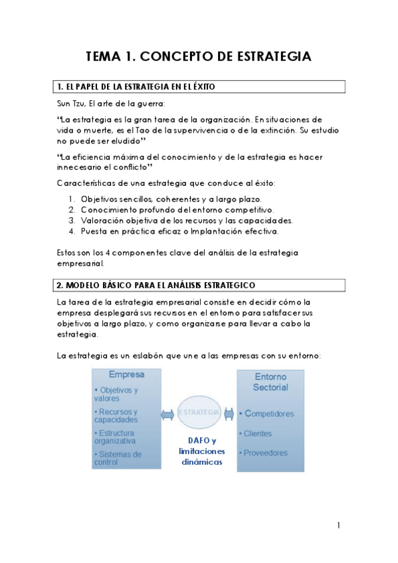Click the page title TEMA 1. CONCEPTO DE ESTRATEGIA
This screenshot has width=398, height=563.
coord(199,56)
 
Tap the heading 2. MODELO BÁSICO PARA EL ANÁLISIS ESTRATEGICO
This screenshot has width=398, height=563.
coord(156,285)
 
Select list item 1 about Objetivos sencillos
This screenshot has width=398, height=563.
coord(171,199)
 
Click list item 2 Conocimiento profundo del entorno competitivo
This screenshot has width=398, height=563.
coord(177,210)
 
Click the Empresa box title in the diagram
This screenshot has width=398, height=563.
coord(126,374)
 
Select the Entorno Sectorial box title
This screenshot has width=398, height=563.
coord(270,381)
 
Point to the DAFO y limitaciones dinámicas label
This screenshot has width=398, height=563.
coord(202,451)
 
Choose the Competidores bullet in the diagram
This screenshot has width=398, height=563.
coord(268,414)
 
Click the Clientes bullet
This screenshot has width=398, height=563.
coord(257,434)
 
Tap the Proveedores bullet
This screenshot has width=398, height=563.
coord(264,453)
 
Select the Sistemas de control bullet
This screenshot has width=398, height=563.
coord(118,458)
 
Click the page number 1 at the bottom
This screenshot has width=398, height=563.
coord(338,526)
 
